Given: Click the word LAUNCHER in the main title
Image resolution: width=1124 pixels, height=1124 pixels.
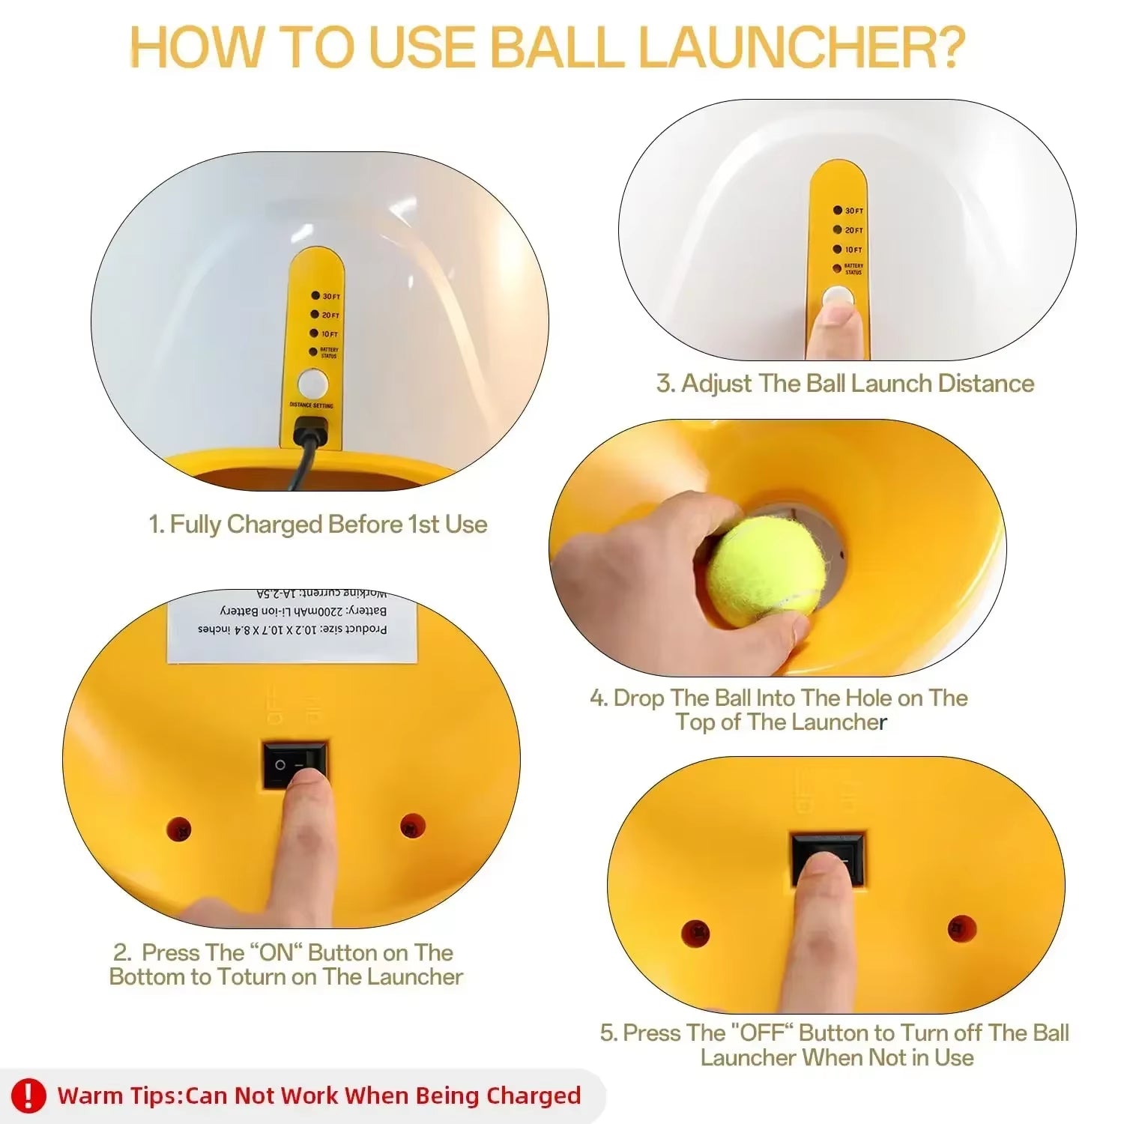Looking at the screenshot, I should (x=801, y=46).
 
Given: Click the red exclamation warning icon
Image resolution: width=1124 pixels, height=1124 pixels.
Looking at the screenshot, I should (x=28, y=1096).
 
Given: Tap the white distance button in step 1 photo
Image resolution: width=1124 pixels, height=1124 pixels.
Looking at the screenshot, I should (x=312, y=384).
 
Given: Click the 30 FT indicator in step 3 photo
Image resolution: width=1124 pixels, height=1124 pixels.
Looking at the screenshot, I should (x=847, y=211).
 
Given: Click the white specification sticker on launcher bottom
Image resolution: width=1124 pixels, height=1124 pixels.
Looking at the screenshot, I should (x=292, y=628).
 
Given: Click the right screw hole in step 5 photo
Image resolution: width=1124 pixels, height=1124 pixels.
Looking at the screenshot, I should (x=961, y=929).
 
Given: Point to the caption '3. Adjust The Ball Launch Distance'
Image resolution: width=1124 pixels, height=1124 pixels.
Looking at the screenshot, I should (x=845, y=384).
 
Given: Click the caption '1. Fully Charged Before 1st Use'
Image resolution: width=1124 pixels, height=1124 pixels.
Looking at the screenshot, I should (x=318, y=525).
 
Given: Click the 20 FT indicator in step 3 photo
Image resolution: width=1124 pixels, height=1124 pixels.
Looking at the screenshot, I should (x=847, y=230).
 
